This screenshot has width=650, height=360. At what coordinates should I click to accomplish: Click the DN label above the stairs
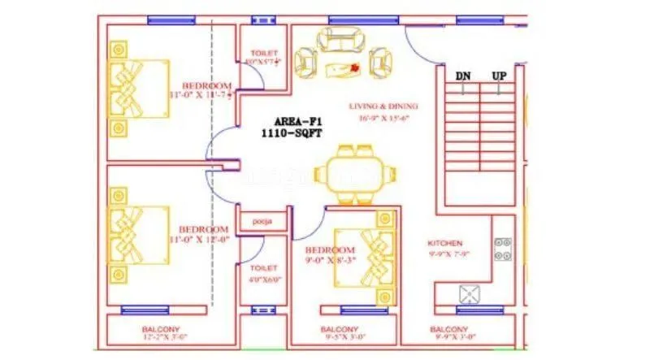click(x=463, y=76)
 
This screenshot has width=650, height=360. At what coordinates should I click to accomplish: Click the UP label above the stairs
click(x=499, y=76)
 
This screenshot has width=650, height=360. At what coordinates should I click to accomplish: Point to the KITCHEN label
click(x=445, y=243)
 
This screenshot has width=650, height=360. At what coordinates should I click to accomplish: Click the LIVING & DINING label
click(x=383, y=106)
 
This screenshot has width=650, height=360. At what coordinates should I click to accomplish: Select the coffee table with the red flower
click(x=343, y=68)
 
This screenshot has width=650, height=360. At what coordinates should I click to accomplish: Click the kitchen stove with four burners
click(x=501, y=249)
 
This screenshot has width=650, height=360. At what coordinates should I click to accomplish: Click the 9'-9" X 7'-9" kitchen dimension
click(x=445, y=254)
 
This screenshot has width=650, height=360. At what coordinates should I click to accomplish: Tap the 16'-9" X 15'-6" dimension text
click(x=383, y=118)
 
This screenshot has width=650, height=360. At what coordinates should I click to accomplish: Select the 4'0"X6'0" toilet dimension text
click(x=263, y=279)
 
